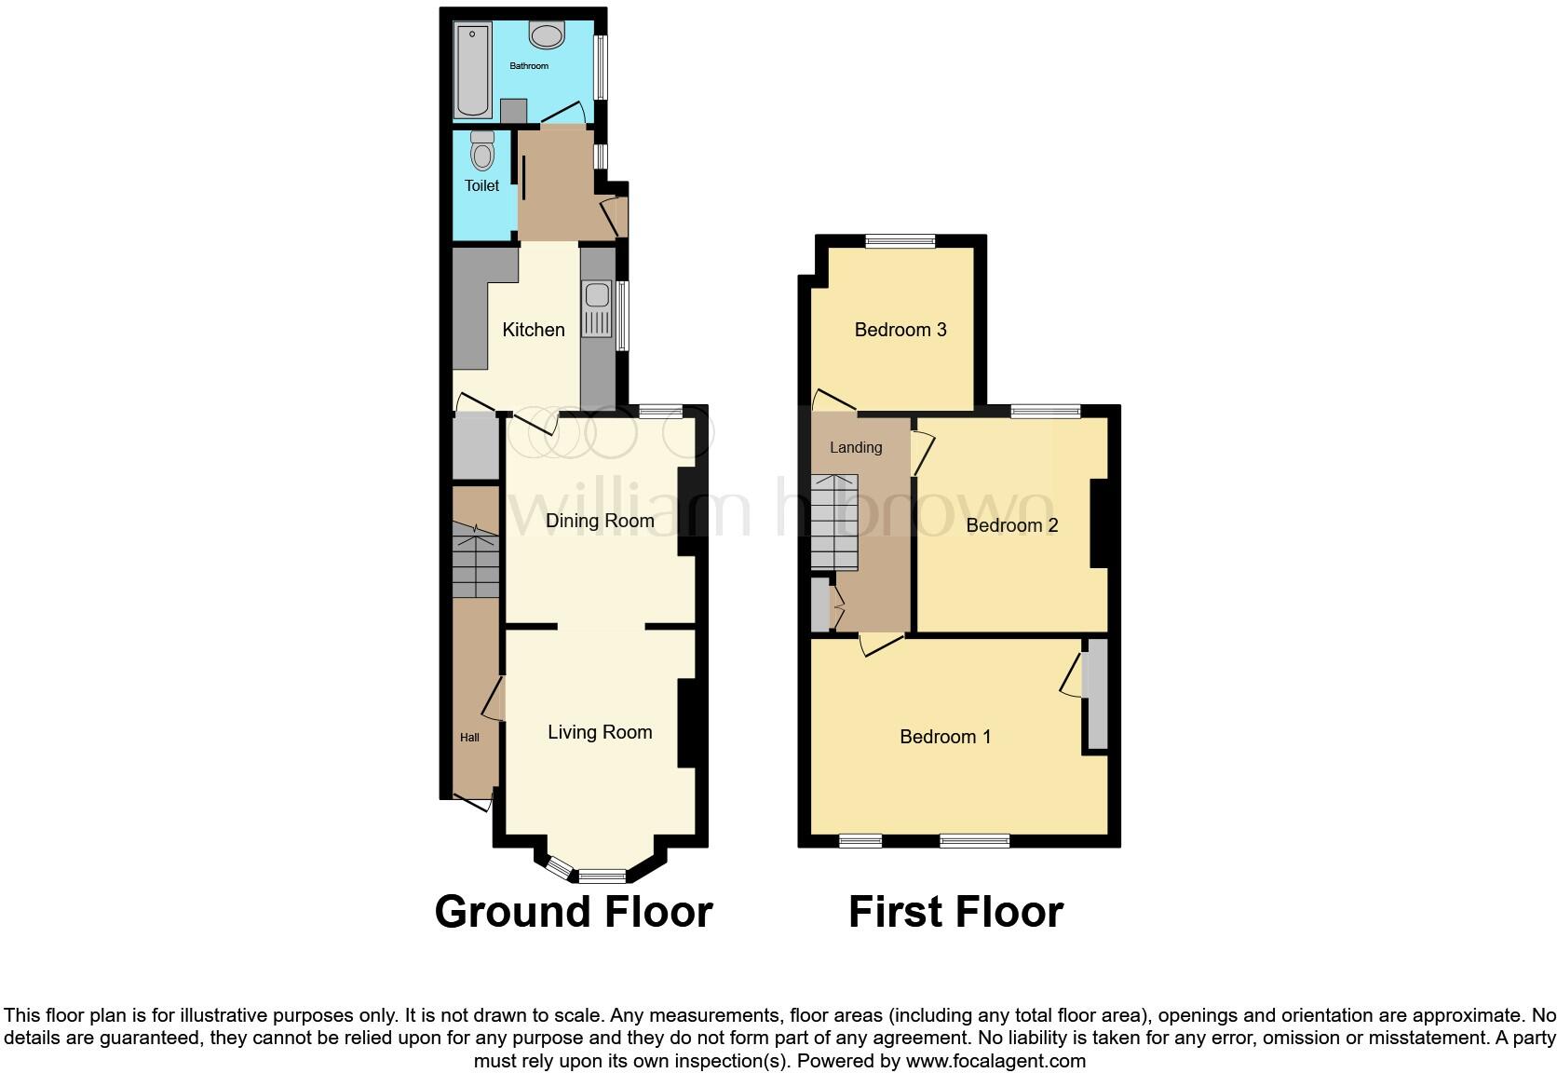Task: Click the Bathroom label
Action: (529, 66)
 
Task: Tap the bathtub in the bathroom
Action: (473, 71)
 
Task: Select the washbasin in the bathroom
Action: (547, 35)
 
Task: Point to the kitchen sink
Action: (597, 307)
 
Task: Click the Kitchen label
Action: (534, 330)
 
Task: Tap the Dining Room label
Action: (600, 521)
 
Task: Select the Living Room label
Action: (600, 732)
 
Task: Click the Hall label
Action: (469, 738)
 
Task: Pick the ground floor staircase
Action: (476, 560)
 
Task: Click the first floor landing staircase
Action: (833, 523)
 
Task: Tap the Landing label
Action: (856, 448)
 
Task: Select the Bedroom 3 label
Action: (900, 330)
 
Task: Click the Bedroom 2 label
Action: (1012, 525)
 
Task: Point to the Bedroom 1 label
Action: (945, 737)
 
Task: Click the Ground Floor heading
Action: (574, 911)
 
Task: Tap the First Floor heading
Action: (955, 911)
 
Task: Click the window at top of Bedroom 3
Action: (900, 241)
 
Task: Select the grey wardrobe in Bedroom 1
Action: (1097, 694)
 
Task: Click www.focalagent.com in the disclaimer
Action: (995, 1061)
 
